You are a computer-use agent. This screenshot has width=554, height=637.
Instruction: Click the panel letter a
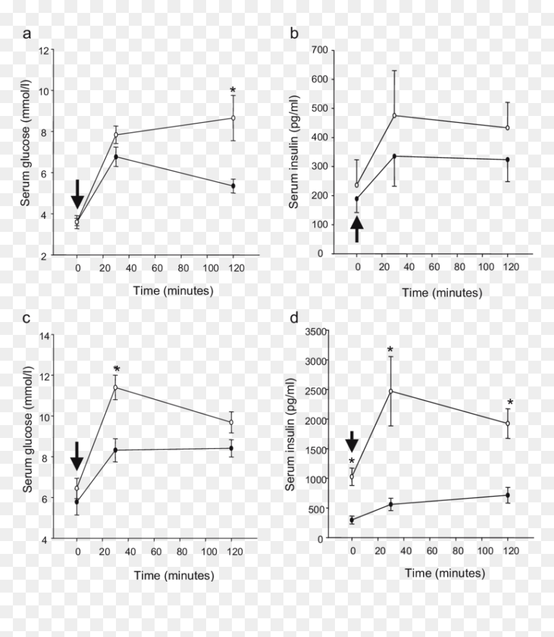[x=27, y=33]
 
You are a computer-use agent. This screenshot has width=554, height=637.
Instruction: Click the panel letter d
[x=294, y=317]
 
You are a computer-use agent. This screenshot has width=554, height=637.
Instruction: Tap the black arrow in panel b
[x=357, y=229]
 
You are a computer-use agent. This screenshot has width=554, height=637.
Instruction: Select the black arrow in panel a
[x=77, y=194]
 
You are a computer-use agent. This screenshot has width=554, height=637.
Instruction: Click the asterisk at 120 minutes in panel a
[x=233, y=90]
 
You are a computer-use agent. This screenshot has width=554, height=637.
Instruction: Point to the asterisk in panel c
[x=117, y=369]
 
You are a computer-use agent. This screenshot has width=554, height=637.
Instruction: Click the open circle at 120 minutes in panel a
[x=233, y=118]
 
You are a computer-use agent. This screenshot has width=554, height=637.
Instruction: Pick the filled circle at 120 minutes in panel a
[x=233, y=185]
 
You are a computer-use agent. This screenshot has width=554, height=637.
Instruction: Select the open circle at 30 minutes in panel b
[x=394, y=115]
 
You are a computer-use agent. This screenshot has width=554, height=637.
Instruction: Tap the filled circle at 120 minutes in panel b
[x=508, y=160]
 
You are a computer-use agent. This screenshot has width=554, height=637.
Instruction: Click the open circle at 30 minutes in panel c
[x=115, y=387]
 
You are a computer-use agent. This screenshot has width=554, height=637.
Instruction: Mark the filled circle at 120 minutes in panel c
[x=231, y=448]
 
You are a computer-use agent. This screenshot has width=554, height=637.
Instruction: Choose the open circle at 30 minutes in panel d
[x=391, y=391]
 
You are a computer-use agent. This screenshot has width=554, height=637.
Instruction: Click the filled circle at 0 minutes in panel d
[x=352, y=520]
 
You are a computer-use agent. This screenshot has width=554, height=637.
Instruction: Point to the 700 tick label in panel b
[x=320, y=50]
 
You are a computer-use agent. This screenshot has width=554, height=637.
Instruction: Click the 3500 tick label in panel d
[x=316, y=332]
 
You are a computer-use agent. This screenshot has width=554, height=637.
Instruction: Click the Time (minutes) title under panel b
[x=442, y=292]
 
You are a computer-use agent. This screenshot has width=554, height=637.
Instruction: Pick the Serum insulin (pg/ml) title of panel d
[x=291, y=434]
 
